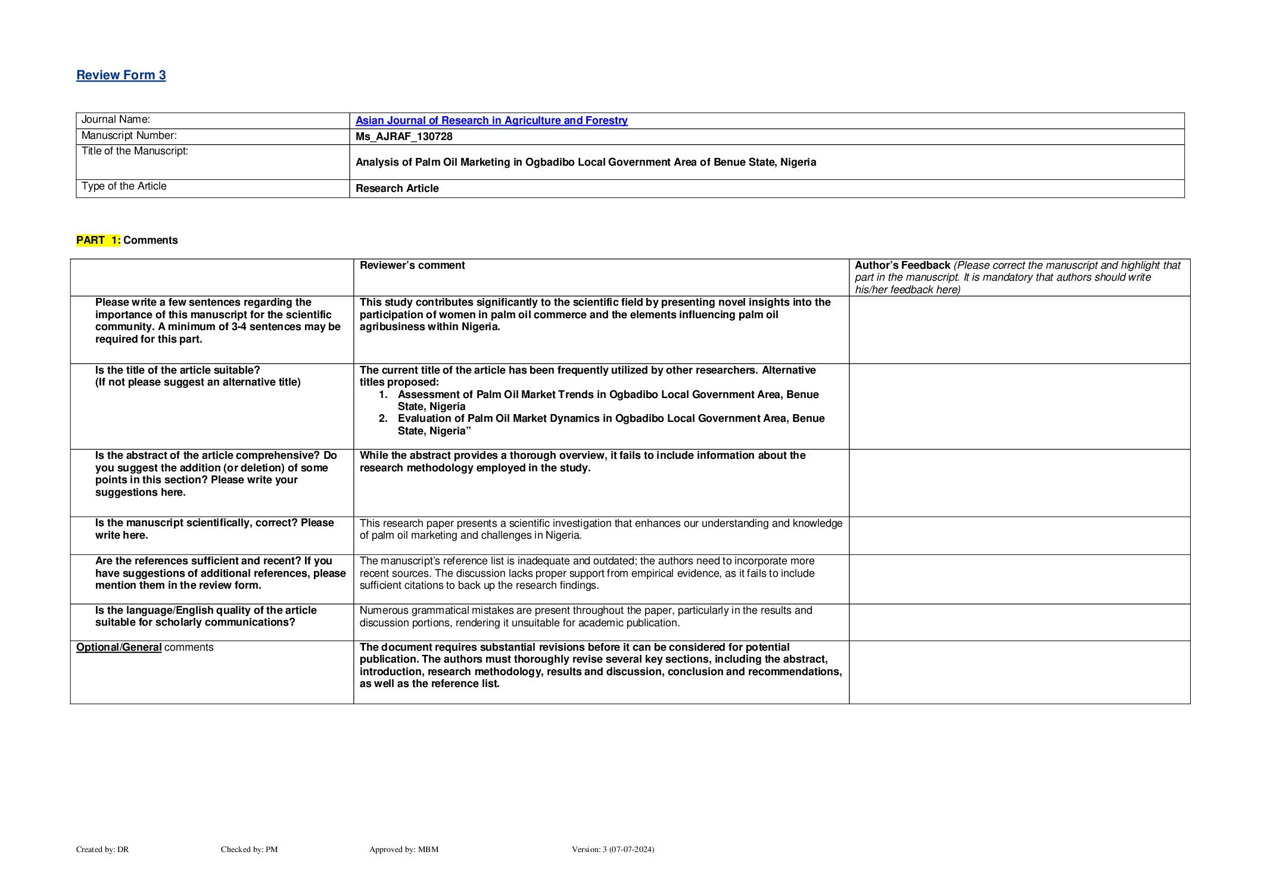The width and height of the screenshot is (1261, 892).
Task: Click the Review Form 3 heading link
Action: [x=121, y=75]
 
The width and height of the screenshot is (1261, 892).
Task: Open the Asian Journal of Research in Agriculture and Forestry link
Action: [x=491, y=120]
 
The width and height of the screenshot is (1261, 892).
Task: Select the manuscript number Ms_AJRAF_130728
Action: [x=404, y=136]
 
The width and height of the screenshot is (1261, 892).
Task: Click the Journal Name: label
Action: [x=116, y=120]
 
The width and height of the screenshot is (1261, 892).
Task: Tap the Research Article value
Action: [x=397, y=188]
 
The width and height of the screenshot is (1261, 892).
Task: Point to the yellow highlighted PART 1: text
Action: [x=98, y=240]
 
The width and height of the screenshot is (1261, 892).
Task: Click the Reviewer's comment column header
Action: [x=412, y=265]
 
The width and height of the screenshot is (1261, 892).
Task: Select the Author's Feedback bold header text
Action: [x=902, y=265]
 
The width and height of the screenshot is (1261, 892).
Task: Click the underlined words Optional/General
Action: [x=119, y=647]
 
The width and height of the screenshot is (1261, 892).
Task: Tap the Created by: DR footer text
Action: [x=102, y=849]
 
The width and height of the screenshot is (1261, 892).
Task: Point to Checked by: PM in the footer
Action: [x=249, y=849]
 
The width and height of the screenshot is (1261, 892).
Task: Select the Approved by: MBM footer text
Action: [x=403, y=849]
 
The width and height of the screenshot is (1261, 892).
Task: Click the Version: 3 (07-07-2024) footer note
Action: [x=612, y=849]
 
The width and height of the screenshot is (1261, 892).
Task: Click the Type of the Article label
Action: [x=124, y=186]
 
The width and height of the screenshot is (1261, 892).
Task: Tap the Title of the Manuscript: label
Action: [x=135, y=151]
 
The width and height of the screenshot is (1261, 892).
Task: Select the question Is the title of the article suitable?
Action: [x=178, y=370]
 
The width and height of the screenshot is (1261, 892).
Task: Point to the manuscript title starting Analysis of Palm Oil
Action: [x=586, y=162]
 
